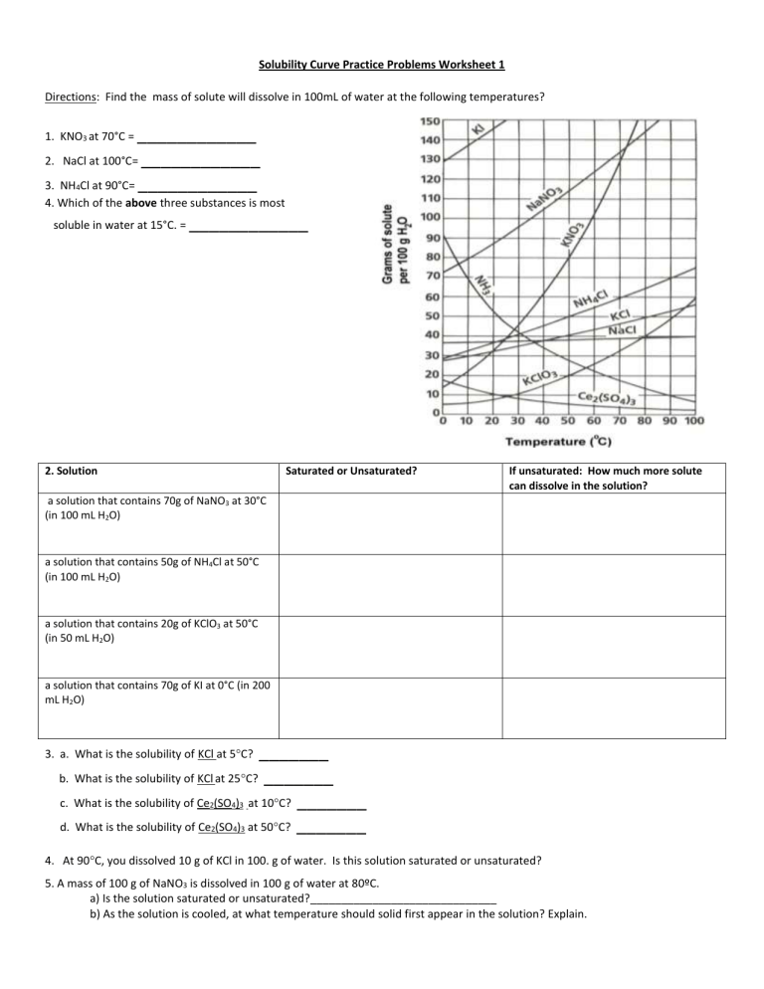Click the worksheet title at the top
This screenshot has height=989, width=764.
tap(382, 65)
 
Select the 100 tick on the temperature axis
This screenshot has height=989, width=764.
tap(693, 421)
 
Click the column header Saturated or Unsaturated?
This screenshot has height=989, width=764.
tap(350, 471)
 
